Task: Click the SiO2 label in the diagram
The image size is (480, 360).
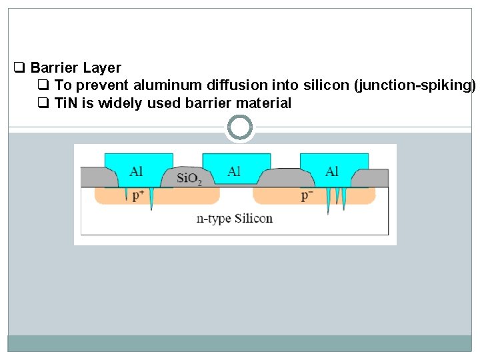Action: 190,179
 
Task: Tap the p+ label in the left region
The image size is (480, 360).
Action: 139,195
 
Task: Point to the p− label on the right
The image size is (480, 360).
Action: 307,195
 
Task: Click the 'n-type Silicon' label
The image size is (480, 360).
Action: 234,218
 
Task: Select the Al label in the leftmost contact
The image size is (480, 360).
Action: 136,171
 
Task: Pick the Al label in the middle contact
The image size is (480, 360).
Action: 234,171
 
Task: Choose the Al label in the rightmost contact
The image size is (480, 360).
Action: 332,171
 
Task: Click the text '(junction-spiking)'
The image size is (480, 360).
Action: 415,85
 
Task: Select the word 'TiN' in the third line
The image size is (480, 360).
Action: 66,103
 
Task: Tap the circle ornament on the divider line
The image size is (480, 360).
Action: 240,127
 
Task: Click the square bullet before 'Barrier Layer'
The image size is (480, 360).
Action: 19,67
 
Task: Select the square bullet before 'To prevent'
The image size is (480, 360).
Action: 43,85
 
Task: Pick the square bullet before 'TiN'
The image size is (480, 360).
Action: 43,103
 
